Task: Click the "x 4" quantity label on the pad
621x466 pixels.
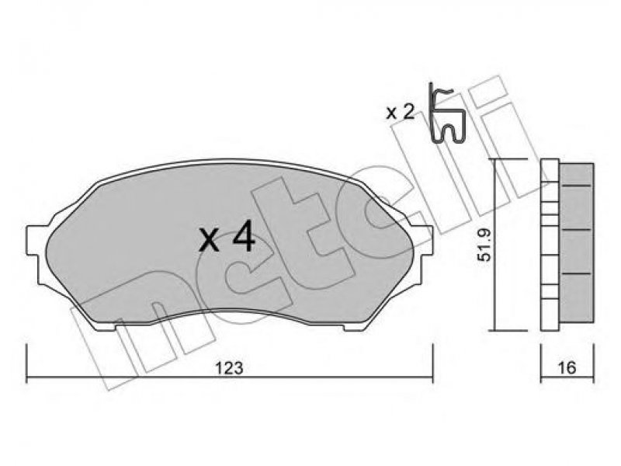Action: (227, 238)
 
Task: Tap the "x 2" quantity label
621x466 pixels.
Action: (400, 113)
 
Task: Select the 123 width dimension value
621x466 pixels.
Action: (228, 368)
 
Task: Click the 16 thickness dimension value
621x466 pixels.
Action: (567, 367)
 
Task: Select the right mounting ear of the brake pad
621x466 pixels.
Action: (422, 241)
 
